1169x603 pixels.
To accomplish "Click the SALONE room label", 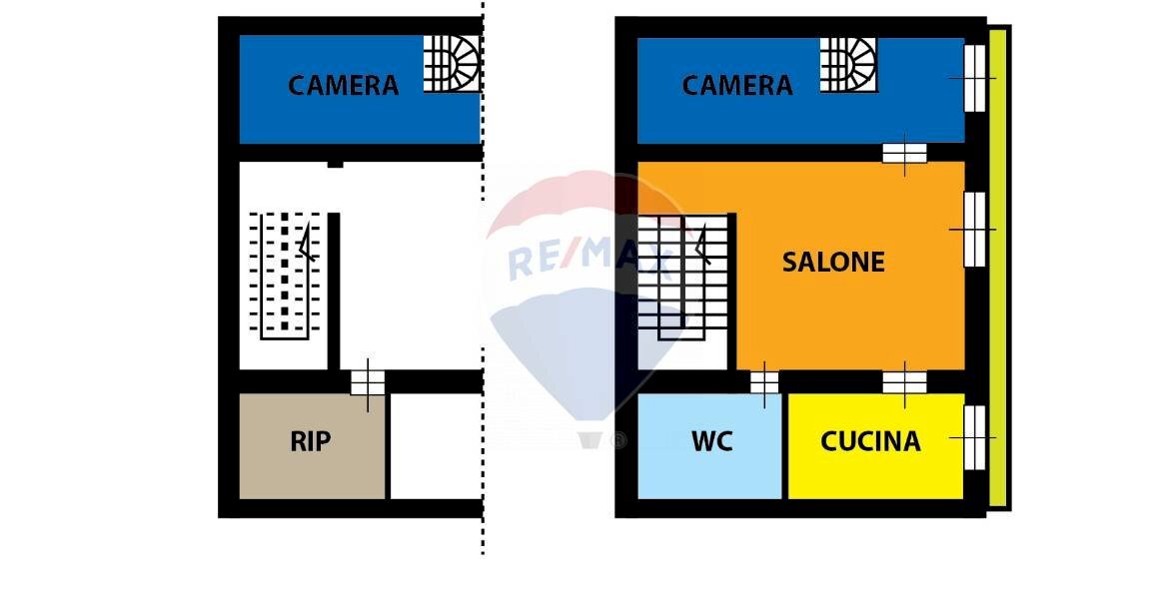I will coord(833,262).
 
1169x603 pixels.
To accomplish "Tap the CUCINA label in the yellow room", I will coord(870,440).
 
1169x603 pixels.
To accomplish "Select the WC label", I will coord(711,440).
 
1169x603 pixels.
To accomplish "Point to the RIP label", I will coord(310,441).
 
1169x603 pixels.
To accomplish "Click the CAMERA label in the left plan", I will coord(343,85).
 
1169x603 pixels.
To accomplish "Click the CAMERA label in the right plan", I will coord(737,85).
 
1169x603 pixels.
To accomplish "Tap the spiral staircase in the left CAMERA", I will coord(452,64).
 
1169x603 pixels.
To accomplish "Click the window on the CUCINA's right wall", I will coord(974,437).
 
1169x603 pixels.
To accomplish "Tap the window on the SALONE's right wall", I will coord(974,230).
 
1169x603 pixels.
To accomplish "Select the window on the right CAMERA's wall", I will coord(974,78).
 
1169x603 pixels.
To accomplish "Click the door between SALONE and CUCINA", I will coord(904,381).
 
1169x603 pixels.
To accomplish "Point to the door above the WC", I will coord(764,381).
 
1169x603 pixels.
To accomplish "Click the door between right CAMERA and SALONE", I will coord(904,153).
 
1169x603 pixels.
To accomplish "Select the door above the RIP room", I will coord(368,381).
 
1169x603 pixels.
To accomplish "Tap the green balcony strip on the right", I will coord(998,270).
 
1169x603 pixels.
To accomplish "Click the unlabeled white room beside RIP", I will coord(437,445).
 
